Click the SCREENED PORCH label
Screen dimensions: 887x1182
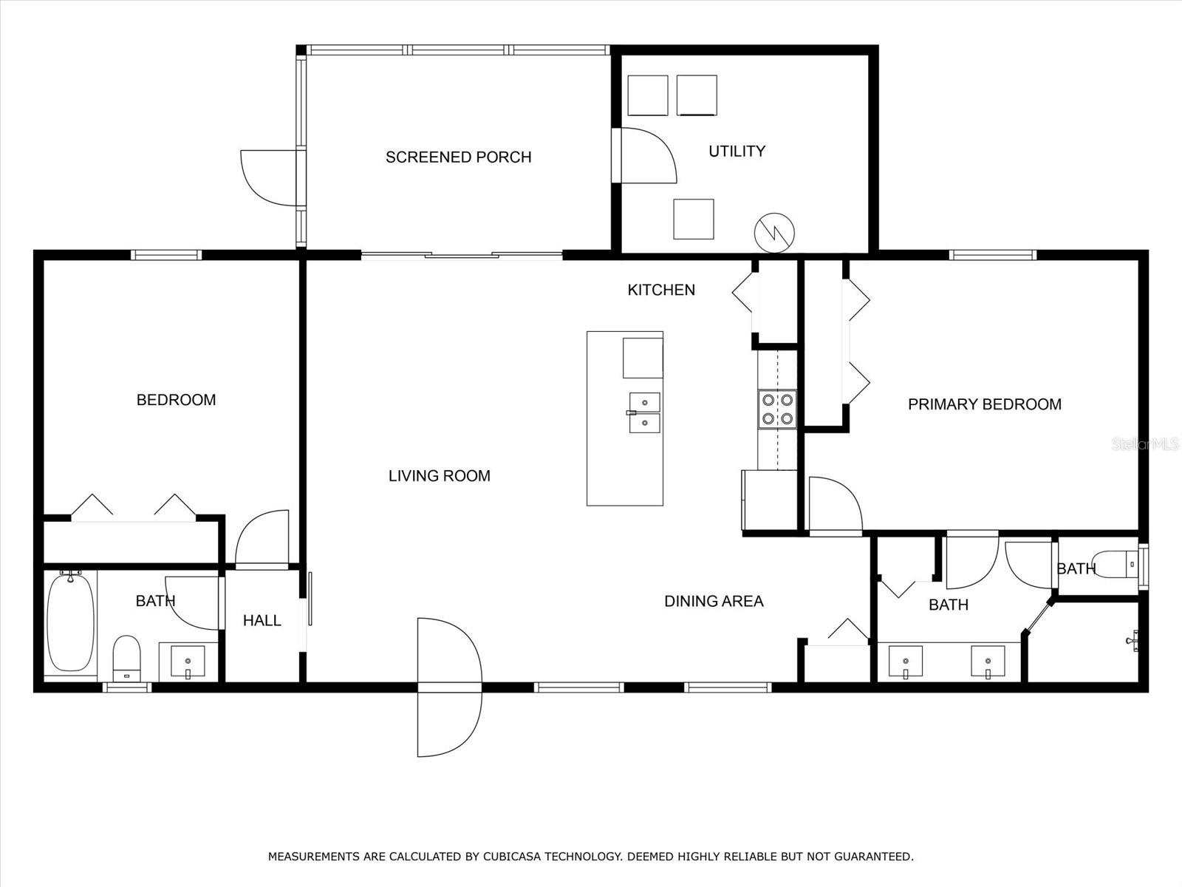coord(458,157)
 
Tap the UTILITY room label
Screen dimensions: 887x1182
coord(737,151)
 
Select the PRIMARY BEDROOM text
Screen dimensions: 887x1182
coord(984,404)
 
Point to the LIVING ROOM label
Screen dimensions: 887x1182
coord(439,476)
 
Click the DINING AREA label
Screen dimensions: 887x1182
coord(713,602)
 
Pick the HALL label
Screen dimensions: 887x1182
coord(262,620)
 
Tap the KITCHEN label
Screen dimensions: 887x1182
coord(660,290)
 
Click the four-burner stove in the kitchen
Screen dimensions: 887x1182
coord(777,409)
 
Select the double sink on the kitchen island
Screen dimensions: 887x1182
coord(644,412)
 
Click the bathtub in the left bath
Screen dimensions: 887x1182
coord(70,622)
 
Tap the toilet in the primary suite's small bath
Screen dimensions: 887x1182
coord(1116,565)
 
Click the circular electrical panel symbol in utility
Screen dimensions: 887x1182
coord(774,232)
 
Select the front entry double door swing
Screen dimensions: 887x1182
coord(448,687)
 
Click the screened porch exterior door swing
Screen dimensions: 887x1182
coord(270,177)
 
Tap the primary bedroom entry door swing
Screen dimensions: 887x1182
coord(835,506)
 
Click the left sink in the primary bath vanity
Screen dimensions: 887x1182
coord(905,662)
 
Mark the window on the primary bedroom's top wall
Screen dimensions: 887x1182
coord(992,255)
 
